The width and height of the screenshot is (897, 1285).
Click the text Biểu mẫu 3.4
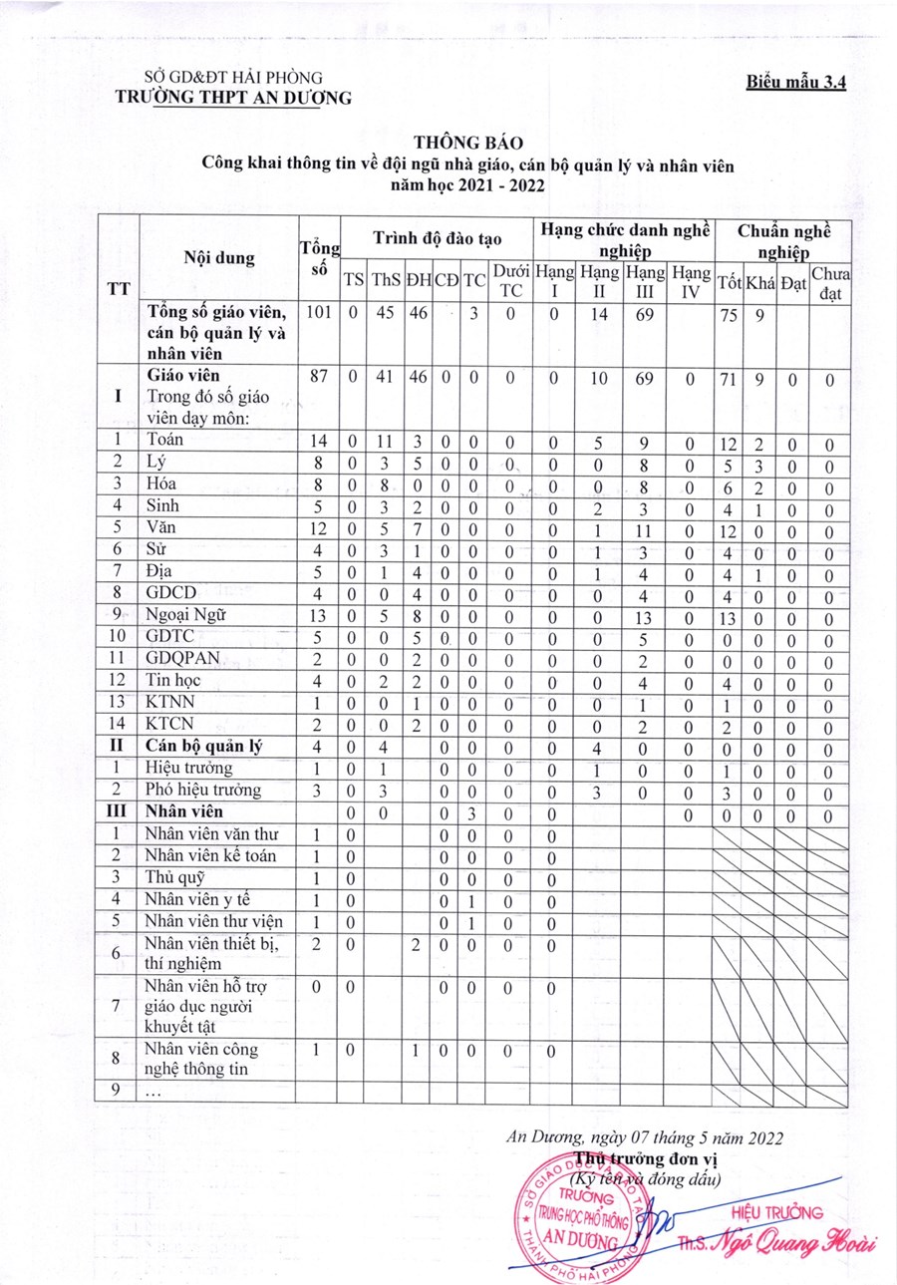(x=795, y=84)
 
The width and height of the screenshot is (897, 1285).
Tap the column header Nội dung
(x=219, y=257)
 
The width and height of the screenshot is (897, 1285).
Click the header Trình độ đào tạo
(x=438, y=239)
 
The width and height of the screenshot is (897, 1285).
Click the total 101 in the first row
(x=318, y=313)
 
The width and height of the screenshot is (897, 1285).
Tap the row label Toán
(x=165, y=439)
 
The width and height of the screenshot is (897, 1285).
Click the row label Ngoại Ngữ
(x=186, y=615)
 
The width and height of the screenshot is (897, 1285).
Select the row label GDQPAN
(x=182, y=659)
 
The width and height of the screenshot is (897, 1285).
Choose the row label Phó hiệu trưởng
(x=203, y=791)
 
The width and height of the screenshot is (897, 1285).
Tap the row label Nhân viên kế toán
(x=206, y=855)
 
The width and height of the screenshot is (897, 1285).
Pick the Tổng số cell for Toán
(x=318, y=439)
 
